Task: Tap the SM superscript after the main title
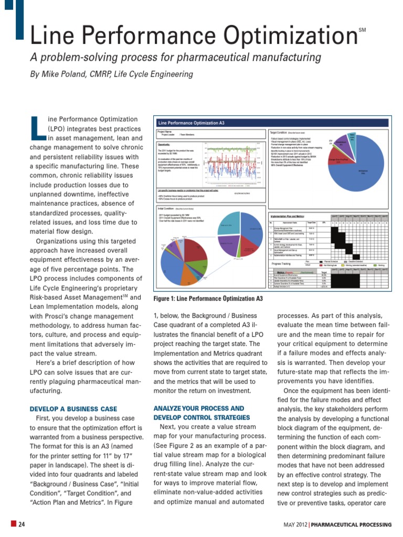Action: point(362,31)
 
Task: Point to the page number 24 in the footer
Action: point(23,524)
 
